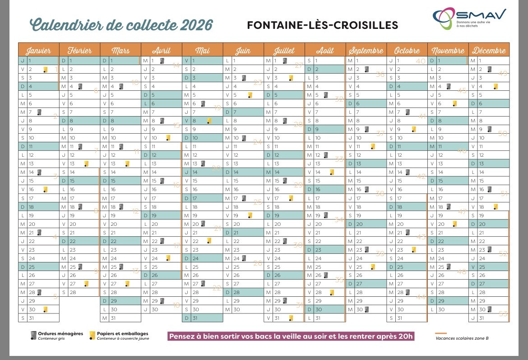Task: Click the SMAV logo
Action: click(469, 19)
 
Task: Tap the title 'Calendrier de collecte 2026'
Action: click(121, 24)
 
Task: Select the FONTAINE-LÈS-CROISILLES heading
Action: click(323, 25)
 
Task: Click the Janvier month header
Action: click(38, 50)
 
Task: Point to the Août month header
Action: click(325, 50)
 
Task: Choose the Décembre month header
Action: click(489, 50)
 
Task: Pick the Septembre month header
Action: click(366, 50)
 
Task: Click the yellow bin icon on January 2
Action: click(45, 69)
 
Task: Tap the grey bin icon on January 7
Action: click(39, 112)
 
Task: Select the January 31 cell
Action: click(38, 318)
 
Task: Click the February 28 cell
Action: click(79, 292)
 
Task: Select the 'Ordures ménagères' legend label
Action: click(60, 334)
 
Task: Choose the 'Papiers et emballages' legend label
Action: click(122, 334)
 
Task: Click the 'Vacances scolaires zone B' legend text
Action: click(458, 338)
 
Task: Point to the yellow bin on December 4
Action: click(496, 86)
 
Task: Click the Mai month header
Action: click(202, 50)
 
